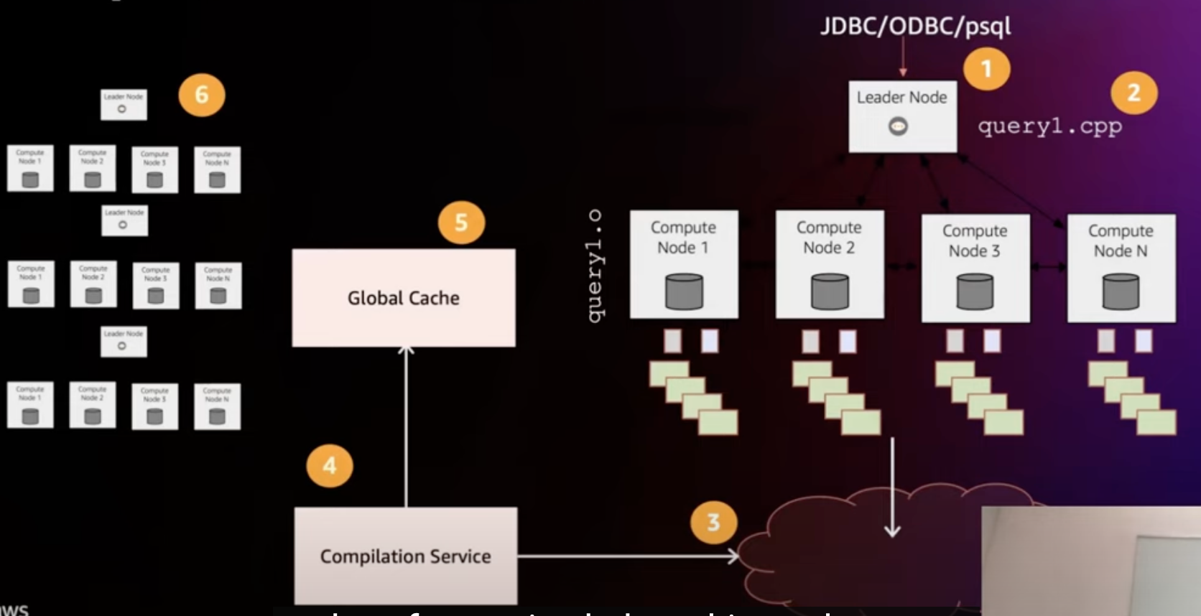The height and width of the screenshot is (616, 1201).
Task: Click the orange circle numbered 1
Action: pos(986,69)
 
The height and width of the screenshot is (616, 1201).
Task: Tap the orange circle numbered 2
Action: pos(1133,93)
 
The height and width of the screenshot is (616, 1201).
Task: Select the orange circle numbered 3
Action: pos(713,522)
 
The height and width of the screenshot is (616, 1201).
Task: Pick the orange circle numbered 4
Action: pos(329,465)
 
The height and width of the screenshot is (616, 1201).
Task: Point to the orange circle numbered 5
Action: pos(461,223)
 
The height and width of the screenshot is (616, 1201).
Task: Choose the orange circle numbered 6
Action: pos(202,95)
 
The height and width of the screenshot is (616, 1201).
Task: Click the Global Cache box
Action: pos(404,298)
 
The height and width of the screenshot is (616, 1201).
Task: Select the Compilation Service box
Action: pos(406,556)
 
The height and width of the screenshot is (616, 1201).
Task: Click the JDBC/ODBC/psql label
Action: pos(916,27)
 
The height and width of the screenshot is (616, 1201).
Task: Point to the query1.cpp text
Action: pos(1049,126)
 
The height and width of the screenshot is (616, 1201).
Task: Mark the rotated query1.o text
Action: pos(595,266)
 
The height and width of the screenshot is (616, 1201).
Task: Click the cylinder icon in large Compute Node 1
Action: pos(684,291)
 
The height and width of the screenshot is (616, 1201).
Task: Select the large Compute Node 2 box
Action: pos(830,264)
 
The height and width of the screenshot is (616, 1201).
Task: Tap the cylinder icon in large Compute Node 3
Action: pos(975,291)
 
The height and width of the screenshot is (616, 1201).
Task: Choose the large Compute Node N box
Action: pos(1121,267)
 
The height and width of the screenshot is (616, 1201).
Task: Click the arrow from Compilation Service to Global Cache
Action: pos(406,427)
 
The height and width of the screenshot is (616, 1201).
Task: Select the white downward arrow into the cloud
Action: pos(892,488)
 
